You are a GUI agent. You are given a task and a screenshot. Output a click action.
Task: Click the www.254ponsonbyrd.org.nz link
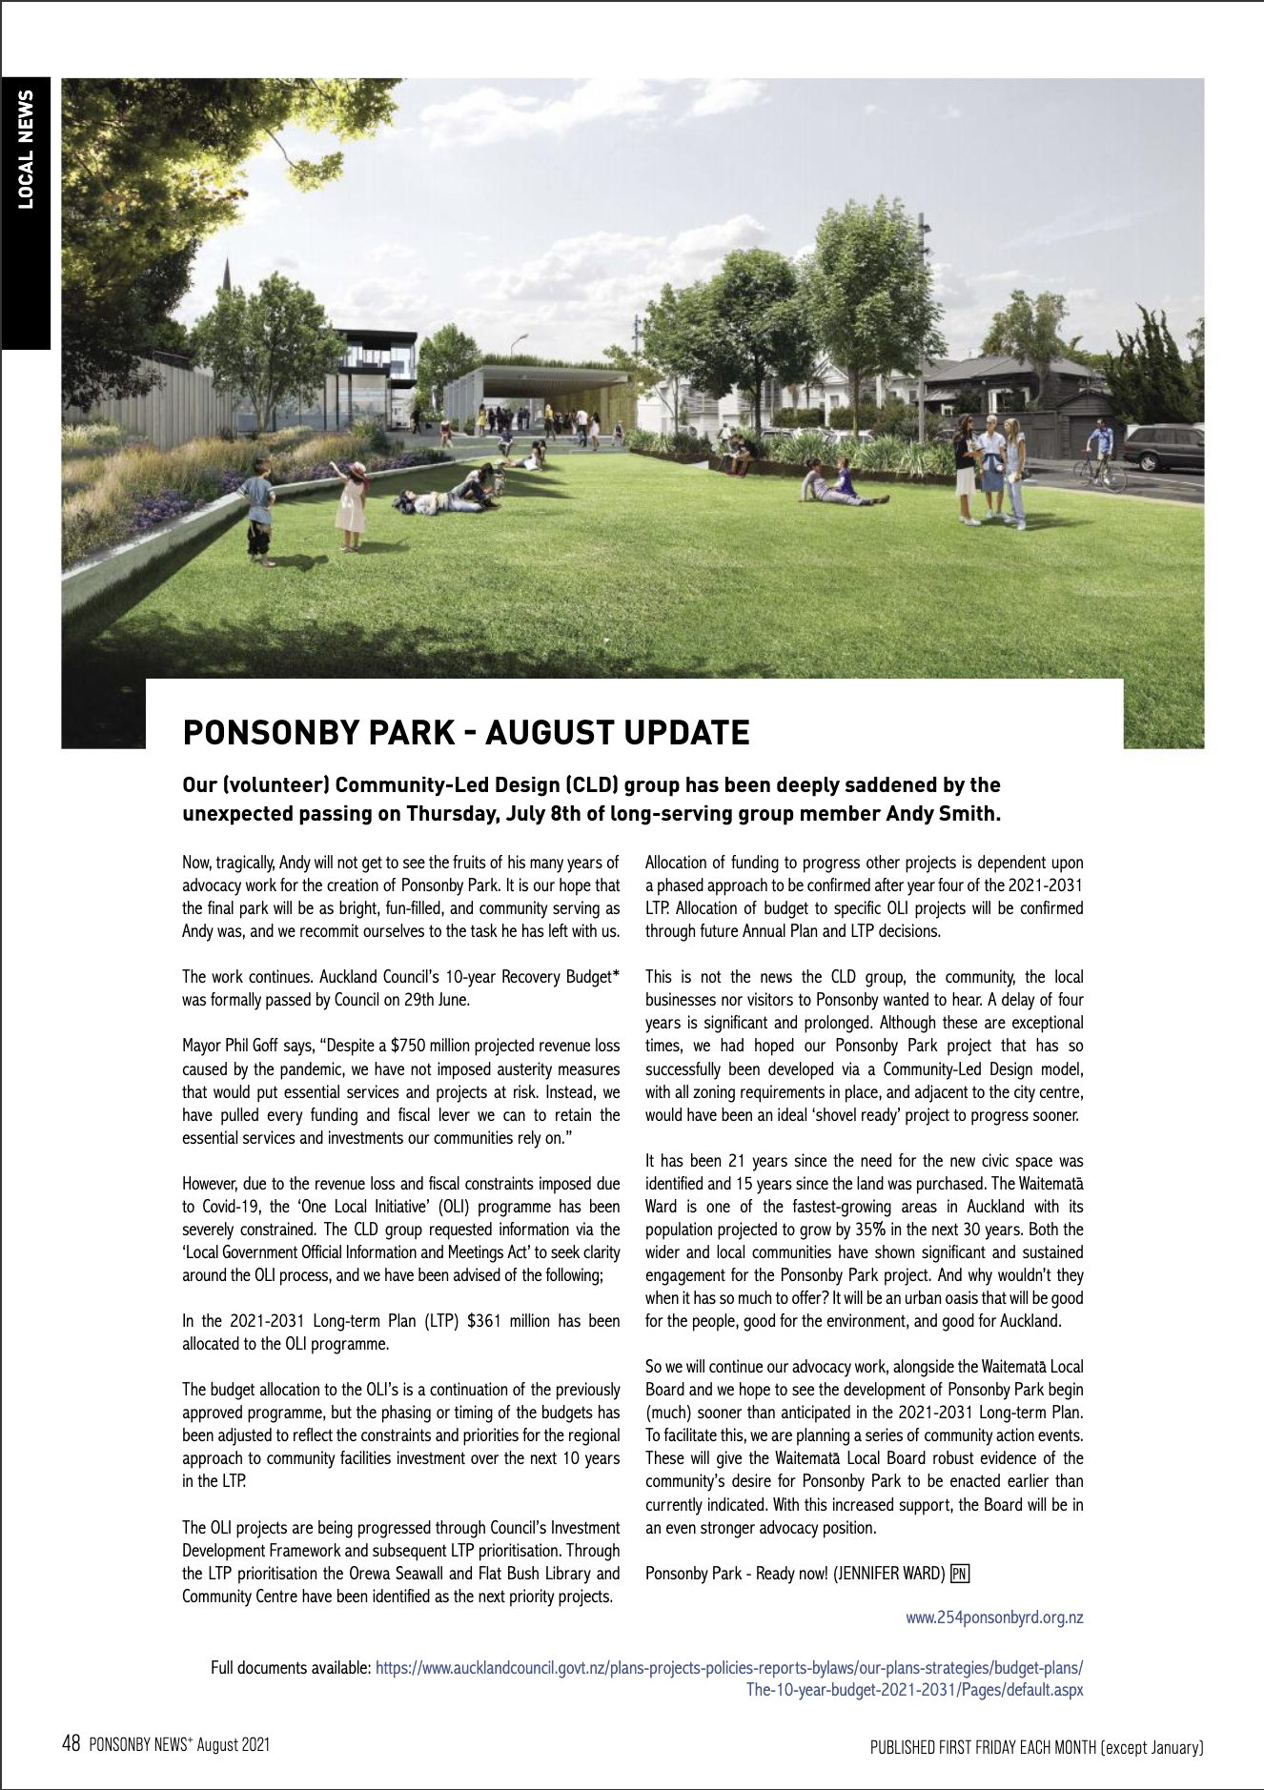(994, 1617)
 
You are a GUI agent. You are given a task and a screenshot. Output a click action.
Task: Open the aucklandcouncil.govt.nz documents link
(729, 1668)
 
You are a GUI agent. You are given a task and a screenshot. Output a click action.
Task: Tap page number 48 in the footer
(71, 1744)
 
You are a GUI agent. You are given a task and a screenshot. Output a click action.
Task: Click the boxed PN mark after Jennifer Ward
(960, 1574)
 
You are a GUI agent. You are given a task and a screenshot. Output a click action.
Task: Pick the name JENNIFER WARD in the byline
(889, 1574)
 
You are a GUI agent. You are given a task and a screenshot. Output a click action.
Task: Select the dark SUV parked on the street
(1164, 448)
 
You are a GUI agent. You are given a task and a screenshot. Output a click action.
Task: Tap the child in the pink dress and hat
(352, 505)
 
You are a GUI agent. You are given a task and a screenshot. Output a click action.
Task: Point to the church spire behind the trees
(227, 276)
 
